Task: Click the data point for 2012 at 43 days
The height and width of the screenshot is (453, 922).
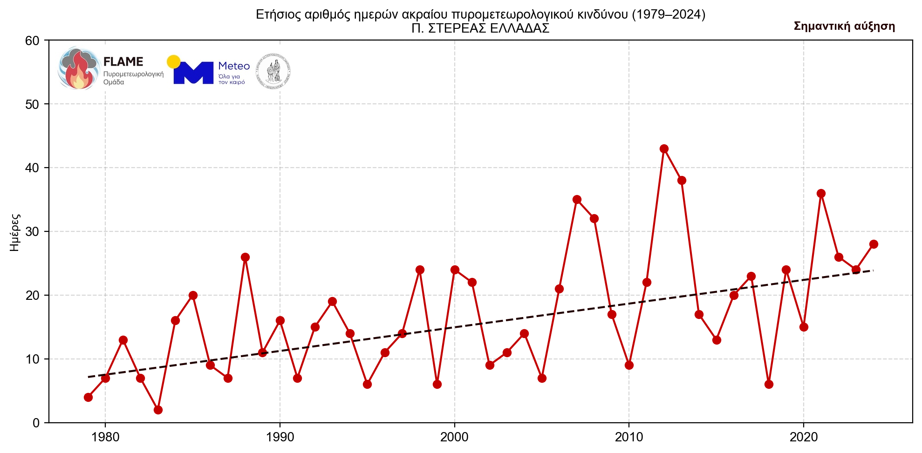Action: [x=664, y=149]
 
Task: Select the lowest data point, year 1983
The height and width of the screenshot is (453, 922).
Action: [x=158, y=410]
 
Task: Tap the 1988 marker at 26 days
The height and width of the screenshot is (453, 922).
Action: [x=245, y=257]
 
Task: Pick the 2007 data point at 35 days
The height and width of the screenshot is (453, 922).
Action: [x=577, y=199]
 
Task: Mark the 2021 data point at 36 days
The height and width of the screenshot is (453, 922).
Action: [x=821, y=193]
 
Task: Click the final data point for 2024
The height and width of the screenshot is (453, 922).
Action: [x=874, y=244]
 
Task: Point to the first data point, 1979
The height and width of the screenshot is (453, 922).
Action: [x=88, y=397]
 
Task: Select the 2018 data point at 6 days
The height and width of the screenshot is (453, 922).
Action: [x=769, y=384]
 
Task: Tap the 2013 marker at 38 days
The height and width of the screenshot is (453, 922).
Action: [x=682, y=180]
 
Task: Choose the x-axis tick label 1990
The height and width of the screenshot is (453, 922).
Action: [x=280, y=437]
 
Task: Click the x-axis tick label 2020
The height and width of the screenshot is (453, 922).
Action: [x=803, y=437]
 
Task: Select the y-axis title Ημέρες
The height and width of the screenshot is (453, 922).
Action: [x=15, y=232]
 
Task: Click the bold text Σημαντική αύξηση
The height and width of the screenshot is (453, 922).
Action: [x=844, y=26]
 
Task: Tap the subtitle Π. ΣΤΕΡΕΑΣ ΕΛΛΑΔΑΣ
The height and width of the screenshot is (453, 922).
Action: [x=480, y=28]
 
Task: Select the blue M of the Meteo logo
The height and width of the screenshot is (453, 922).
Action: [x=193, y=73]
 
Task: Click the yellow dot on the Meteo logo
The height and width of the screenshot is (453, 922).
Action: [x=173, y=61]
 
